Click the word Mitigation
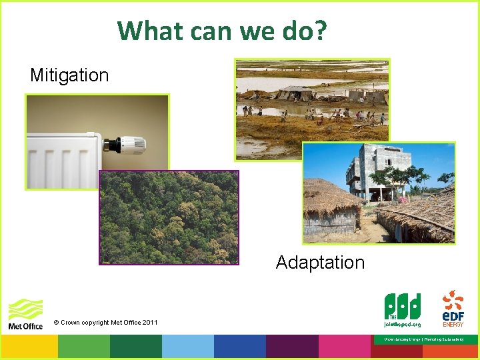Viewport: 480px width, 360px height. coord(69,75)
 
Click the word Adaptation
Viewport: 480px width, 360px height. coord(320,263)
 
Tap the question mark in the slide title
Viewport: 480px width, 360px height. coord(319,30)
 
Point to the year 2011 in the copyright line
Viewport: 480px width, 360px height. coord(149,323)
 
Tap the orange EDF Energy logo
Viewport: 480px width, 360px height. coord(453,307)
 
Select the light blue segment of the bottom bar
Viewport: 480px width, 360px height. coord(187,347)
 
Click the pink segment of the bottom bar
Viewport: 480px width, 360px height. coord(343,347)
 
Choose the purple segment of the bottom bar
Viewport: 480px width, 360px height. coord(291,347)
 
